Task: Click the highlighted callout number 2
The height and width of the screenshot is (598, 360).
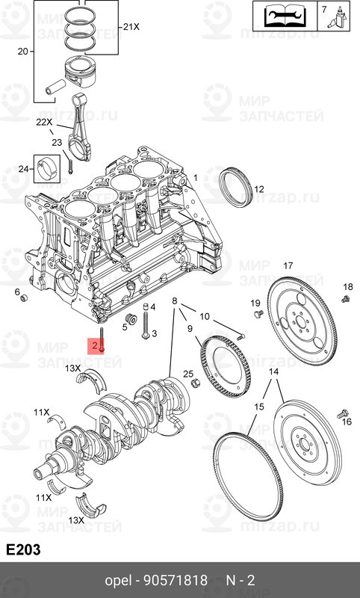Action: [x=94, y=345]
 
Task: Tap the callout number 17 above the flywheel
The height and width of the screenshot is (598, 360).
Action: [x=288, y=265]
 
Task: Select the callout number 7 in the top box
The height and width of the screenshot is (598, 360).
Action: [x=323, y=10]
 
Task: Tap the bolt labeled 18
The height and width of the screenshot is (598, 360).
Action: [x=346, y=299]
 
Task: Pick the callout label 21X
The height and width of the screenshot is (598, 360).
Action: [x=131, y=27]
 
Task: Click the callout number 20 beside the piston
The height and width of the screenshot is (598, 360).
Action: [x=22, y=52]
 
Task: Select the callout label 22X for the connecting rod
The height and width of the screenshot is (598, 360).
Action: [x=44, y=122]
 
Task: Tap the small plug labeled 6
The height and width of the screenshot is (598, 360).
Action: [x=23, y=299]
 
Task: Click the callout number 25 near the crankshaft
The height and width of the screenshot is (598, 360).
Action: [x=188, y=374]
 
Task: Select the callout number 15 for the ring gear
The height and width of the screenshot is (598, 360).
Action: [x=258, y=407]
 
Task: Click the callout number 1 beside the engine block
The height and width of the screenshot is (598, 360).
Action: [x=196, y=178]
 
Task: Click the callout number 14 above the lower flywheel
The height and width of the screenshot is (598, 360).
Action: [x=274, y=372]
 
